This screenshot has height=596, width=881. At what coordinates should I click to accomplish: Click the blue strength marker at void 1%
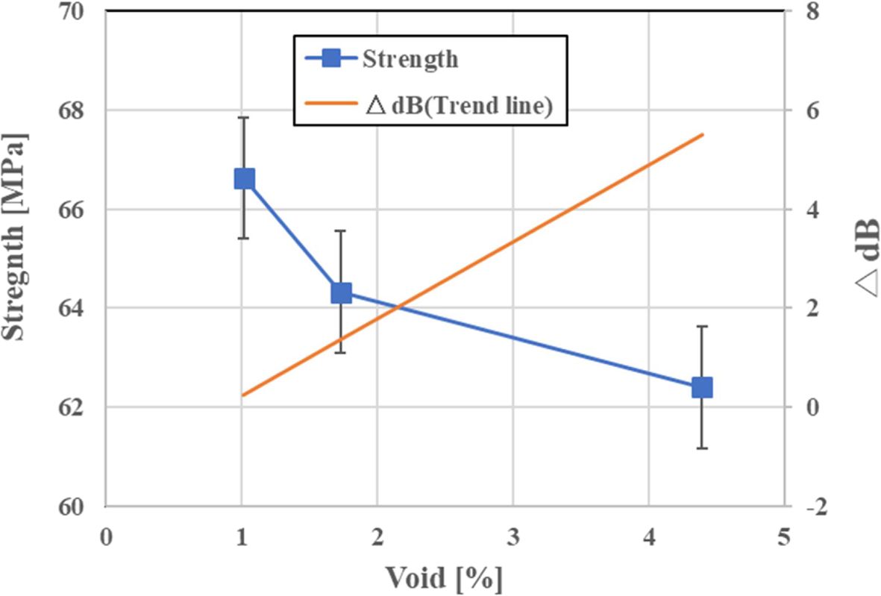(245, 179)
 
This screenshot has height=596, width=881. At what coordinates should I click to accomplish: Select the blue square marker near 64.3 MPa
(341, 293)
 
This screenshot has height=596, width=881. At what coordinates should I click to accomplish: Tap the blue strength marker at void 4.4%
(702, 388)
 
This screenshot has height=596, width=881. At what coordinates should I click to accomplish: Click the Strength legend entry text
(410, 60)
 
